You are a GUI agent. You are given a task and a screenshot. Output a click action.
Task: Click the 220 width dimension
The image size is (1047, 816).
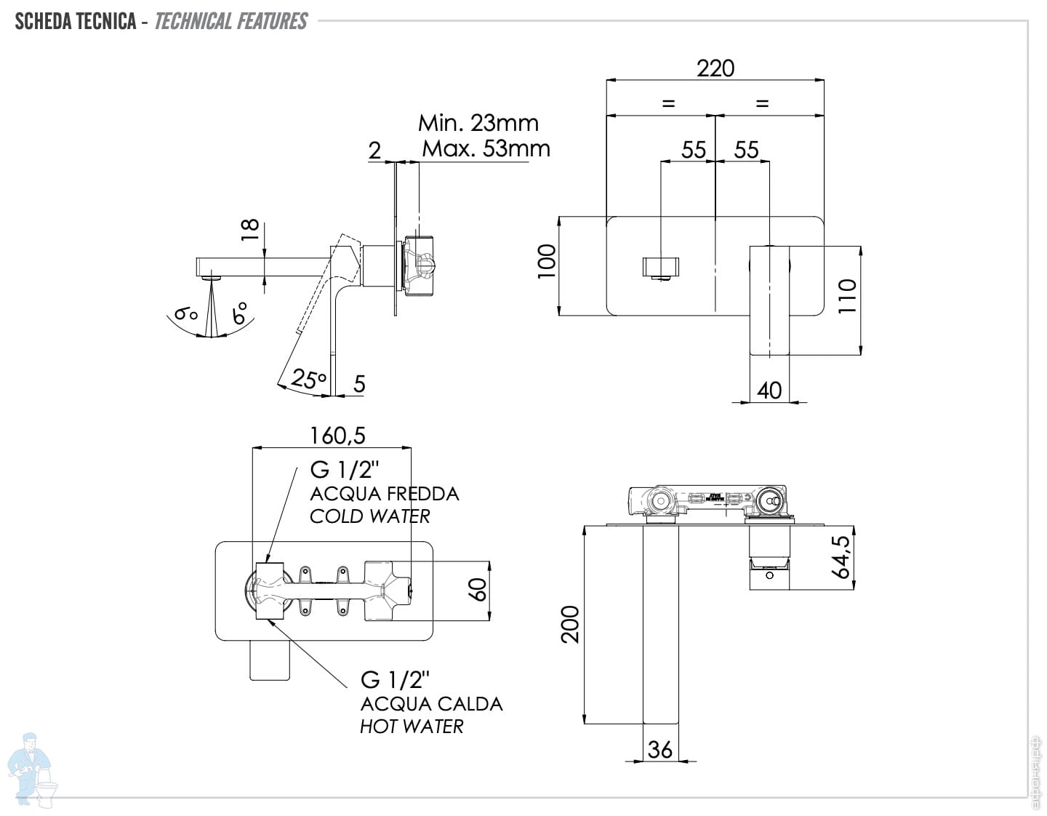[x=715, y=68]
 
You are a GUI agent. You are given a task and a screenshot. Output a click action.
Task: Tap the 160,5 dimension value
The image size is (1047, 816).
[x=337, y=436]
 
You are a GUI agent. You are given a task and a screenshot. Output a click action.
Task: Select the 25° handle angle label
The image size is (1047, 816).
[x=308, y=379]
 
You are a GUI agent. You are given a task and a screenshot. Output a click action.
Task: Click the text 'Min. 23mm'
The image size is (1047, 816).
[x=478, y=123]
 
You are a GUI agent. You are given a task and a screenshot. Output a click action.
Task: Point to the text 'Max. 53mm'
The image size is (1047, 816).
[x=486, y=148]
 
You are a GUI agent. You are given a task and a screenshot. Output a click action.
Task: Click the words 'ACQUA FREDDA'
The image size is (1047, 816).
[x=384, y=494]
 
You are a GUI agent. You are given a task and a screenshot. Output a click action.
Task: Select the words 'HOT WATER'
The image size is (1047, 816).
[x=412, y=727]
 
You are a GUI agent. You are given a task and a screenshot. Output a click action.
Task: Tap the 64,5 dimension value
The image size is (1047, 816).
[x=841, y=556]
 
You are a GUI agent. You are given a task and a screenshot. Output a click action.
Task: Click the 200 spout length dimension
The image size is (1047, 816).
[x=571, y=624]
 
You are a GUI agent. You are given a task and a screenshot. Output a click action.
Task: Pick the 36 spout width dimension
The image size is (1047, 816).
[x=659, y=749]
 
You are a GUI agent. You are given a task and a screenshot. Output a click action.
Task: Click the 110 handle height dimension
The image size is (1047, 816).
[x=848, y=296]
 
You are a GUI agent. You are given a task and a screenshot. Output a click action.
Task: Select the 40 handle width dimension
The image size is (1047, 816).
[x=769, y=391]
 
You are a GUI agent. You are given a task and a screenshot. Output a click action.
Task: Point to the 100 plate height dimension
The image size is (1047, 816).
[x=547, y=260]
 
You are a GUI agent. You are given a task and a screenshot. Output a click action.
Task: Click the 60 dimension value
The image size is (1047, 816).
[x=478, y=590]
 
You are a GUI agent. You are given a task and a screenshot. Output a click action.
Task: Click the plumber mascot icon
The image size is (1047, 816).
[x=31, y=769]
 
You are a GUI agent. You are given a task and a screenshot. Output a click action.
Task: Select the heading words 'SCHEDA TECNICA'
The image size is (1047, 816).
[x=76, y=21]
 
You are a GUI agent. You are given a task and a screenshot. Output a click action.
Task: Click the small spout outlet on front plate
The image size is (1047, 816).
[x=661, y=267]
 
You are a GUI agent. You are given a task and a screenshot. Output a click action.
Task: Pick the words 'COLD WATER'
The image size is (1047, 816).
[x=369, y=516]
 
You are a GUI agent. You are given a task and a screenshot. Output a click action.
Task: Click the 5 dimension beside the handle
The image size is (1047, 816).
[x=359, y=384]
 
